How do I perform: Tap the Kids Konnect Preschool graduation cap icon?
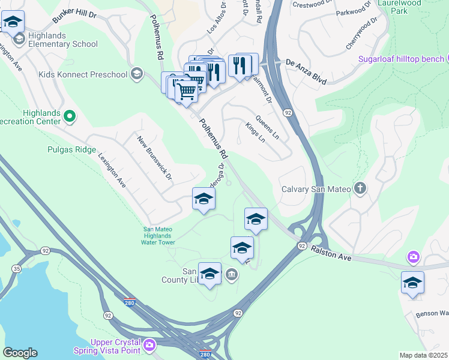tap(137, 74)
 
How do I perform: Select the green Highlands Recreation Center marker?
tap(70, 116)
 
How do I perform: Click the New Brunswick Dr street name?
tap(154, 158)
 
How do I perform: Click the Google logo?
tap(20, 353)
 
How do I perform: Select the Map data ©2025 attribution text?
tap(423, 355)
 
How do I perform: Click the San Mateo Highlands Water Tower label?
tap(158, 235)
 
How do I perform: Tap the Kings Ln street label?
tap(255, 133)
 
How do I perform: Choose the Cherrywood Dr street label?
tap(362, 33)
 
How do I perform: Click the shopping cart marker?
tap(187, 91)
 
